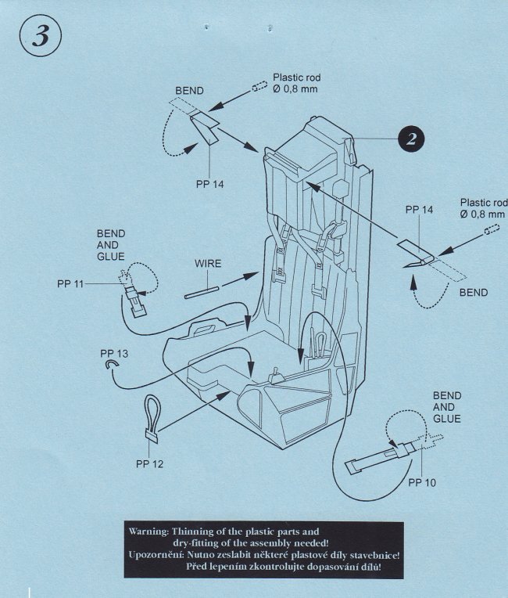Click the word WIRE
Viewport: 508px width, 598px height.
208,264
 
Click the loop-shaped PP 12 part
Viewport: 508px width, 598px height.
153,415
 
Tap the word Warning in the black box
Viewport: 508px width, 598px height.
147,530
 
